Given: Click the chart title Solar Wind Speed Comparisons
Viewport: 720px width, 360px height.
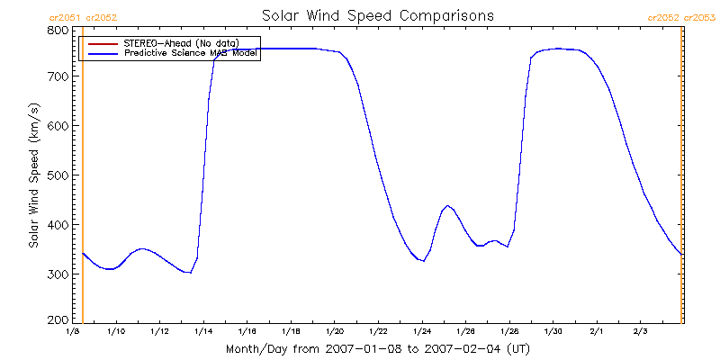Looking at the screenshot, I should [x=378, y=16].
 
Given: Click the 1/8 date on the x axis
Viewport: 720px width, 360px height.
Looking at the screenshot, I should [x=73, y=332].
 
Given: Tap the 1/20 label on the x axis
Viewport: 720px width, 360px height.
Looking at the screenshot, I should [x=334, y=332].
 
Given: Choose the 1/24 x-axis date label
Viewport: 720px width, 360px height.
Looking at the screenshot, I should [x=421, y=332].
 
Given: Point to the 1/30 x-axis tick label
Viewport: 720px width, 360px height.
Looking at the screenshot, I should [x=552, y=332].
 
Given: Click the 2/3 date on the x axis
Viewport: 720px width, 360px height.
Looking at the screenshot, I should [x=639, y=332].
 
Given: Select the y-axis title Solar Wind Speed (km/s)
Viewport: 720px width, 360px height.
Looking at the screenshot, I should [x=33, y=175].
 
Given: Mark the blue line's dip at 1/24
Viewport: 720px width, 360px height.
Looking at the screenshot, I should [x=422, y=261].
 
